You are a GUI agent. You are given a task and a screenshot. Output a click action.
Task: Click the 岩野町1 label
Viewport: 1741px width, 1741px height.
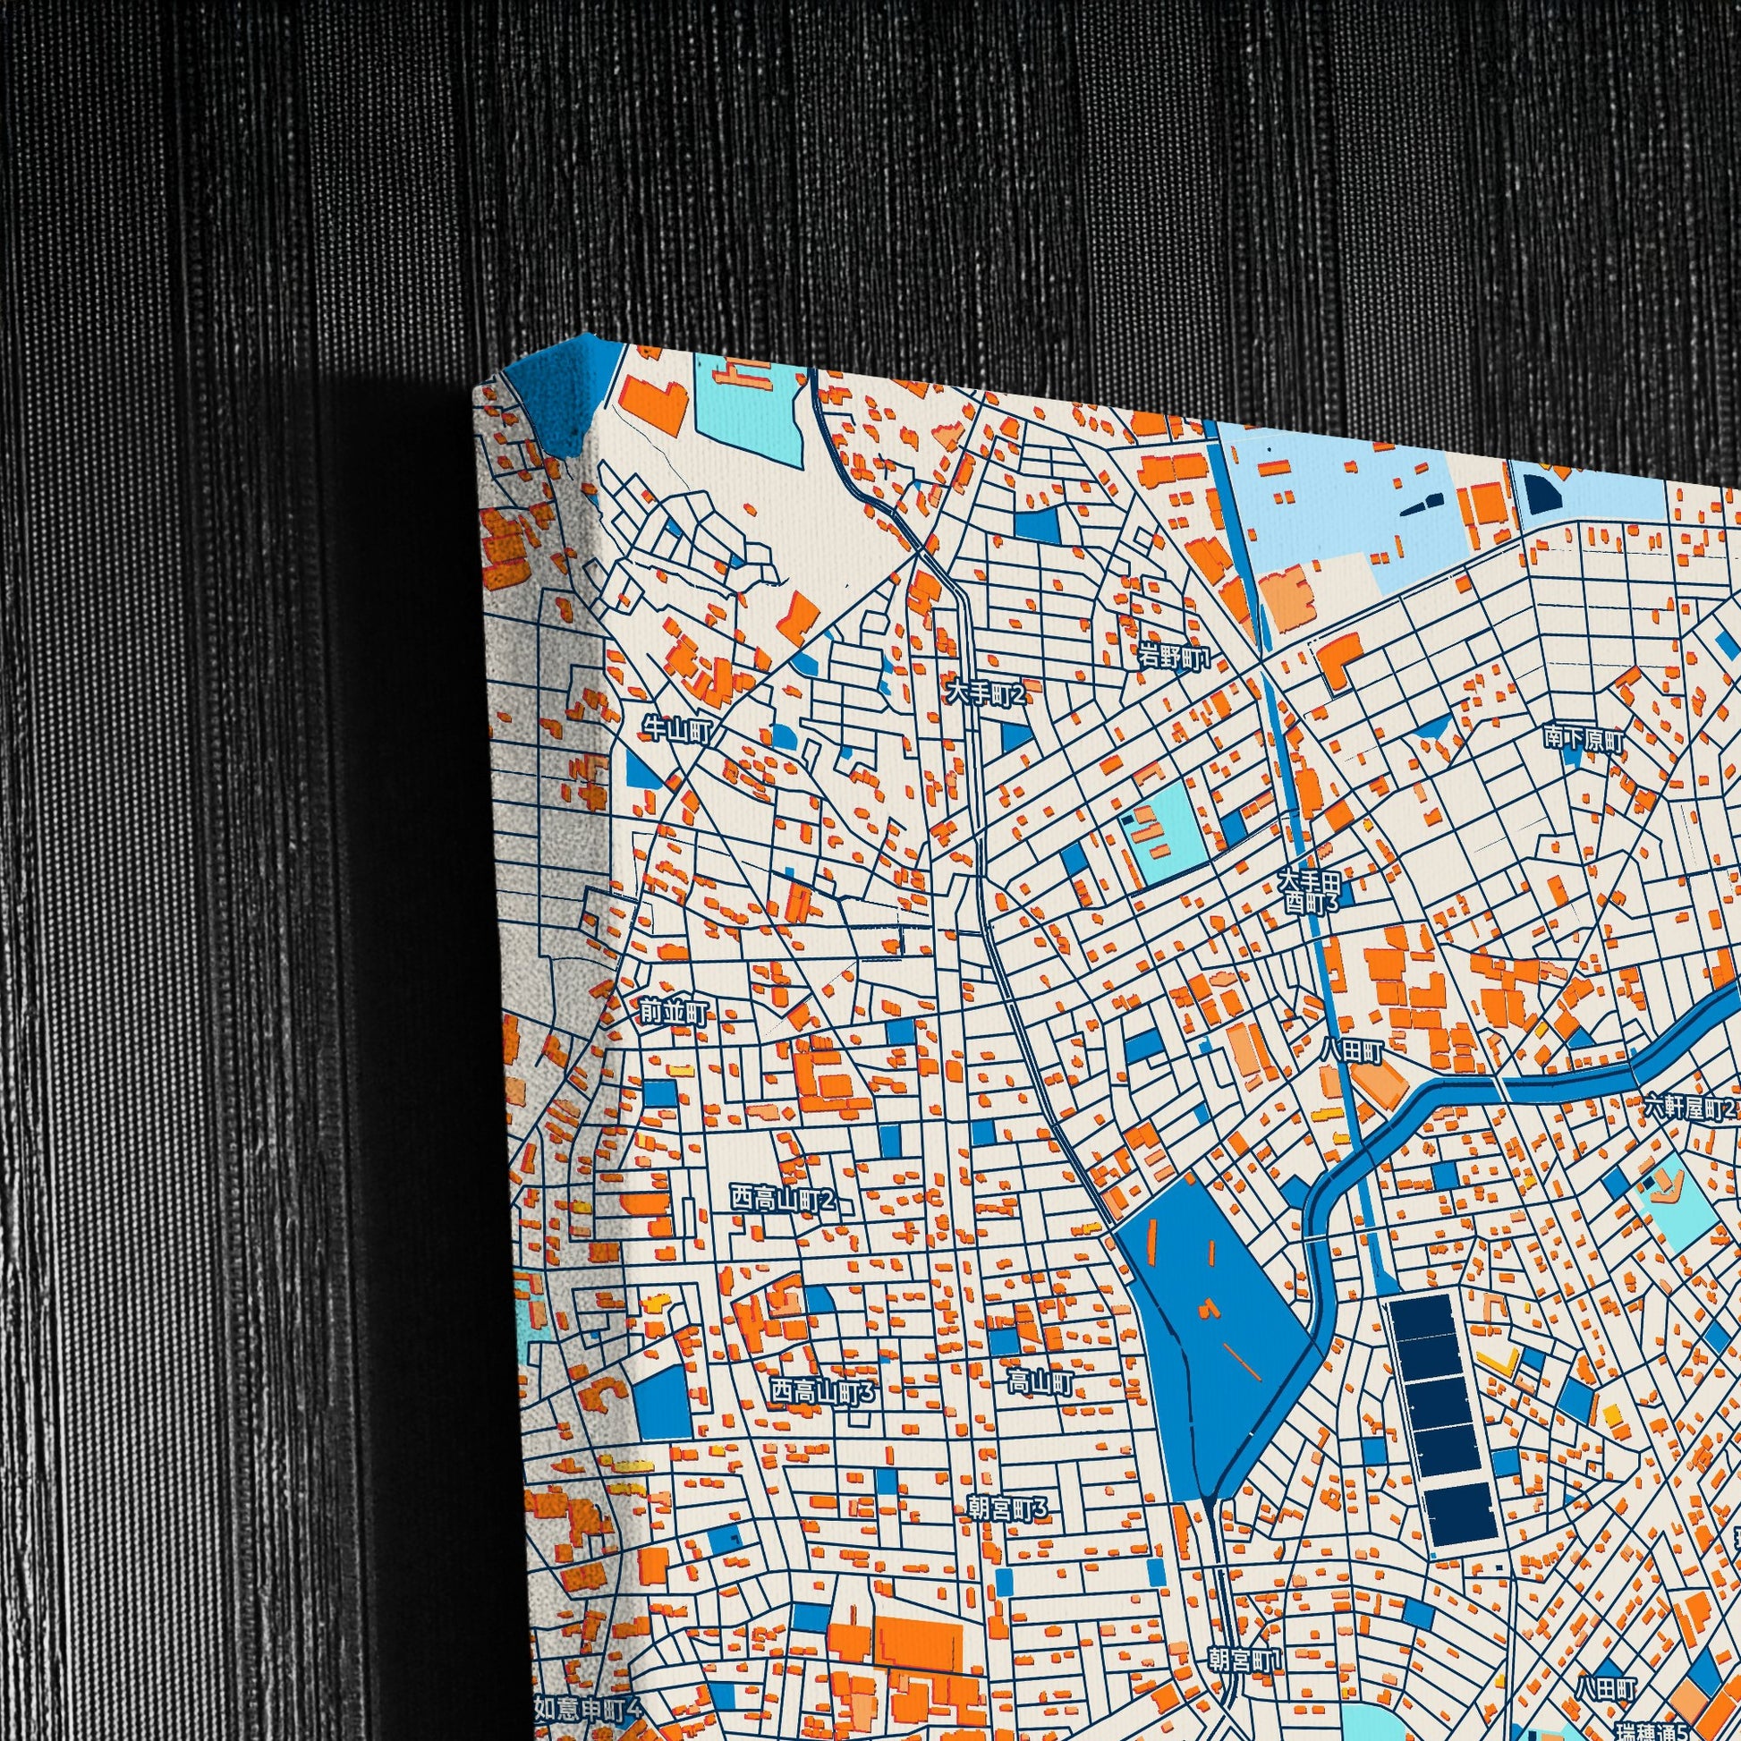coord(1172,657)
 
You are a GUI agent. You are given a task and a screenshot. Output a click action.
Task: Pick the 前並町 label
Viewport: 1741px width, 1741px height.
coord(674,1013)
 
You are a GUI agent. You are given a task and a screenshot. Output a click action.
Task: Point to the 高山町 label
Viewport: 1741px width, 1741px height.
coord(1040,1382)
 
